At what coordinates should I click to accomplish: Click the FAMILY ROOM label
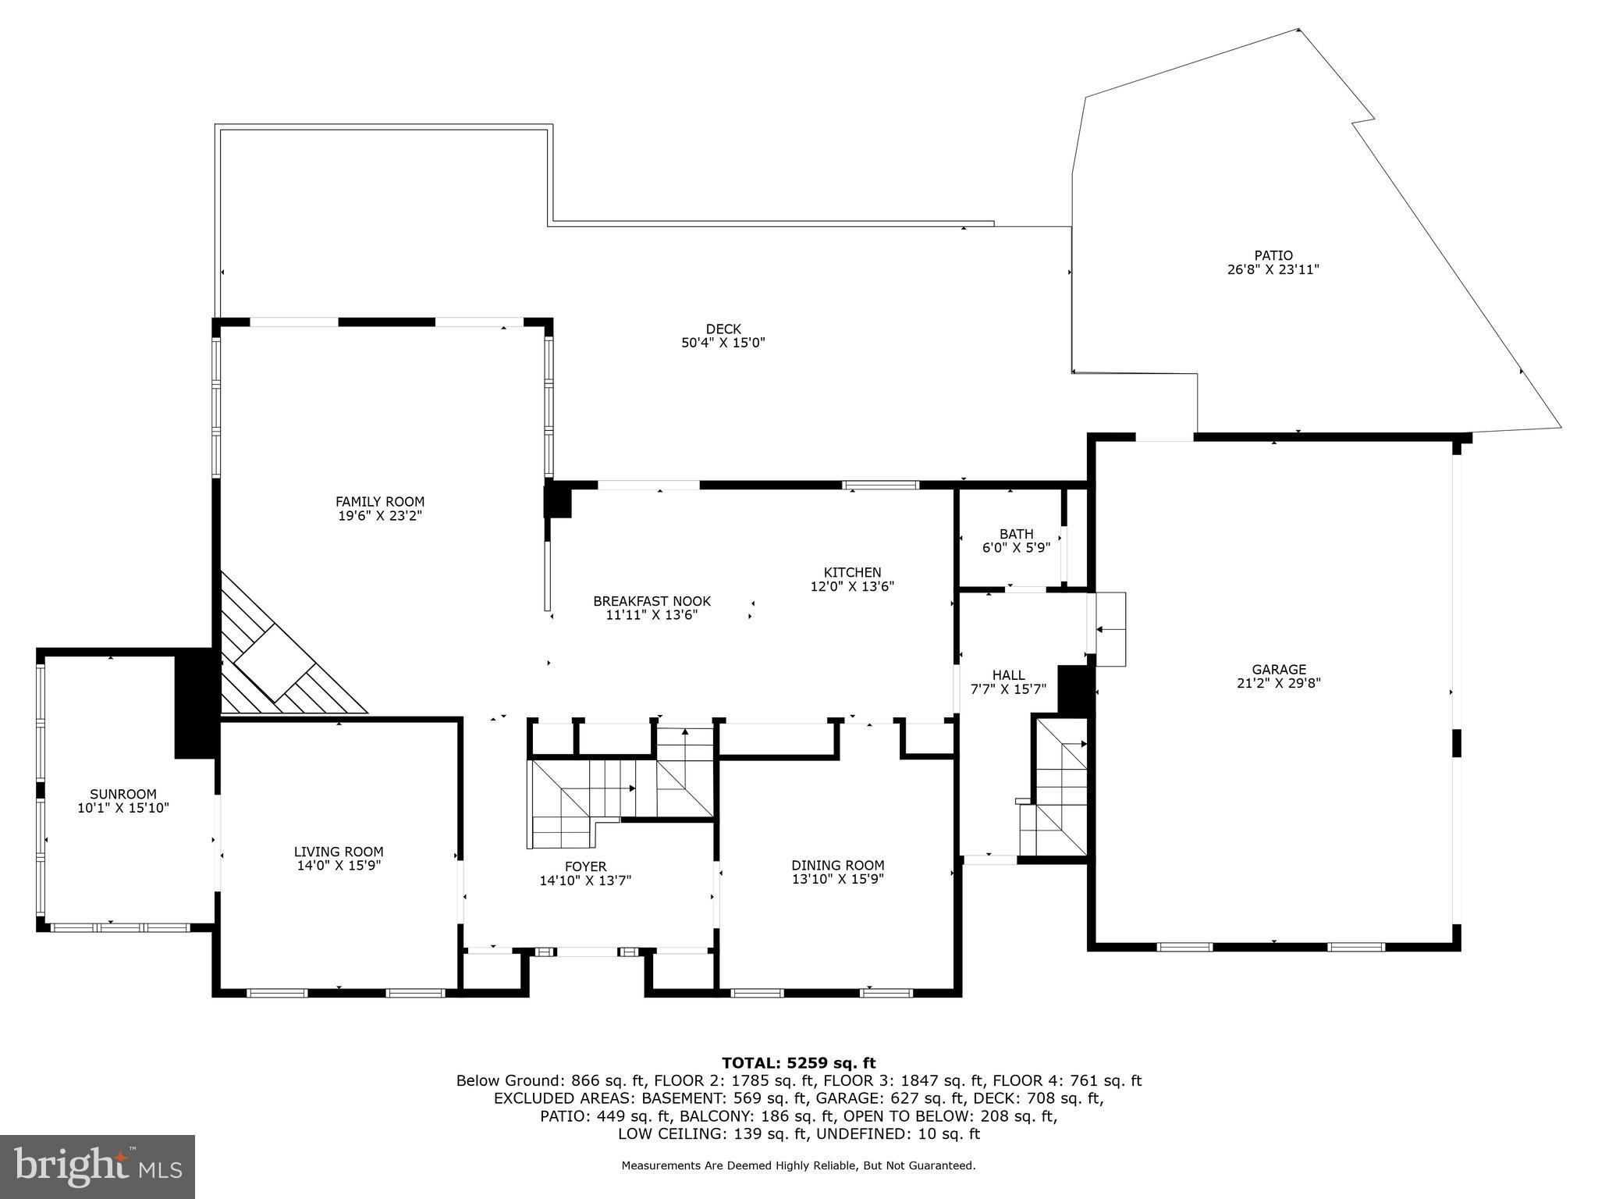pos(380,502)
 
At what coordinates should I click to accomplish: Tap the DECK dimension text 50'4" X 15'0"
pos(723,343)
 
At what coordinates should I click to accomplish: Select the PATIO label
pos(1273,255)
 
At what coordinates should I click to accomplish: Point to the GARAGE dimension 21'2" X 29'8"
pos(1278,683)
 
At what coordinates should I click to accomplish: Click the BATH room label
pos(1016,534)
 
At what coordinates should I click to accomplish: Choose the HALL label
pos(1008,675)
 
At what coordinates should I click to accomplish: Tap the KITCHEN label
pos(852,572)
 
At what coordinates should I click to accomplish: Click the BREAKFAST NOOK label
pos(652,601)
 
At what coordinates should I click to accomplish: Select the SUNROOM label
pos(123,795)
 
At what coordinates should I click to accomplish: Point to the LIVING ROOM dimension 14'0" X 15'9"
pos(339,866)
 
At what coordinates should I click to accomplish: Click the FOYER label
pos(585,866)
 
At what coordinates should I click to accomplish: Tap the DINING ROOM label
pos(837,865)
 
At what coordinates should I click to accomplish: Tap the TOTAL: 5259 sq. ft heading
pos(798,1062)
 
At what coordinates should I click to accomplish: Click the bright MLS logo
pos(98,1166)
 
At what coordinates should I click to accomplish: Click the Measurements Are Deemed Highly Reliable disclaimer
pos(798,1165)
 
